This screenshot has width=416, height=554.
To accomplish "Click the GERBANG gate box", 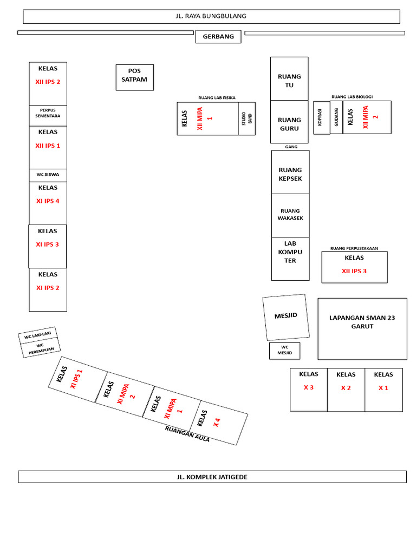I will pyautogui.click(x=218, y=37).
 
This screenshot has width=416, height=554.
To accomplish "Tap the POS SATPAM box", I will pyautogui.click(x=135, y=77).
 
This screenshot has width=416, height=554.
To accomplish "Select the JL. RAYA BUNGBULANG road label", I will pyautogui.click(x=211, y=17).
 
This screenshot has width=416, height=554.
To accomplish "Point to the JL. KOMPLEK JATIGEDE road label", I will pyautogui.click(x=212, y=477).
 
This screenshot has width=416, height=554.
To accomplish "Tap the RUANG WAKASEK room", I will pyautogui.click(x=290, y=215).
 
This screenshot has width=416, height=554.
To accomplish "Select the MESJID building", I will pyautogui.click(x=286, y=317).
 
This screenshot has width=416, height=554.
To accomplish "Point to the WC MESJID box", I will pyautogui.click(x=284, y=351).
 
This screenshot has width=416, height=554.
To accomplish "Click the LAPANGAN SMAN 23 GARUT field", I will pyautogui.click(x=362, y=328).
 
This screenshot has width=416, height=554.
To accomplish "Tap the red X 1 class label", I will pyautogui.click(x=383, y=388).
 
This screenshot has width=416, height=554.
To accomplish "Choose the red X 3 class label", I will pyautogui.click(x=308, y=387).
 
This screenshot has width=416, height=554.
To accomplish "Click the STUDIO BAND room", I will pyautogui.click(x=246, y=118).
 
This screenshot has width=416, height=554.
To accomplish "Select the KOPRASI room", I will pyautogui.click(x=321, y=117).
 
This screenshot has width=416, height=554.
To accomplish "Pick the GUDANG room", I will pyautogui.click(x=336, y=117).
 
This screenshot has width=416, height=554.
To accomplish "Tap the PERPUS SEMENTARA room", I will pyautogui.click(x=48, y=116).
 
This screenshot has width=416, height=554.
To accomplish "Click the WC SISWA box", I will pyautogui.click(x=48, y=175).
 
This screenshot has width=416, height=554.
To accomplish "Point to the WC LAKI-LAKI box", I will pyautogui.click(x=37, y=335).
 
